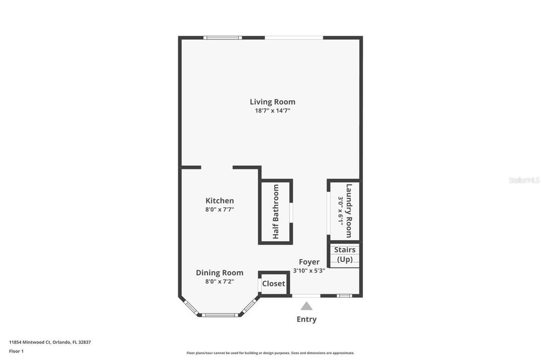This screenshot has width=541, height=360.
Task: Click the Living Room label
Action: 273,102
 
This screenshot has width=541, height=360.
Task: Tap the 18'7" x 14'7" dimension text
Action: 273,111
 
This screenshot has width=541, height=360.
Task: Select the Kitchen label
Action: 220,201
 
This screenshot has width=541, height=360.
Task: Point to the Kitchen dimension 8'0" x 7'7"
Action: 220,210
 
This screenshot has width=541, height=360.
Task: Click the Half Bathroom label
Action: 276,212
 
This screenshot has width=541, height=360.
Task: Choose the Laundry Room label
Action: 349,210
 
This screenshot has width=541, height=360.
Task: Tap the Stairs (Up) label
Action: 344,254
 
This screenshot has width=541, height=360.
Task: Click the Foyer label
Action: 309,262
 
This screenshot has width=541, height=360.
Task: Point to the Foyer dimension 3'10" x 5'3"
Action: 309,271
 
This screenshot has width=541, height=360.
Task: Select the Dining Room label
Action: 220,273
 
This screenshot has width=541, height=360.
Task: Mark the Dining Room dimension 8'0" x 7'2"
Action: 220,282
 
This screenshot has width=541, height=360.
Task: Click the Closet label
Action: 274,283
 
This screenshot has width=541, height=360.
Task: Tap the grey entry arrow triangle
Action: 306,306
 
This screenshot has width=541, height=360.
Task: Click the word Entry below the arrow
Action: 306,319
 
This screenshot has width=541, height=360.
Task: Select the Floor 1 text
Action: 16,351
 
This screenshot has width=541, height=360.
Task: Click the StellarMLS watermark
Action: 524,180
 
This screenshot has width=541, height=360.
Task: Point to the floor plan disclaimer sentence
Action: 270,353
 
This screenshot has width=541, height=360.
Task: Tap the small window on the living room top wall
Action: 223,37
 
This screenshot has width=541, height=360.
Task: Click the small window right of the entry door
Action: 344,296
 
